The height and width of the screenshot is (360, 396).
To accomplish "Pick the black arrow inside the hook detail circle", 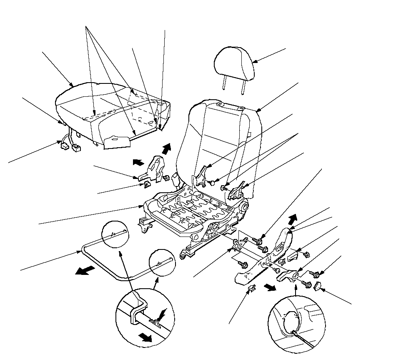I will tap(145, 337).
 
